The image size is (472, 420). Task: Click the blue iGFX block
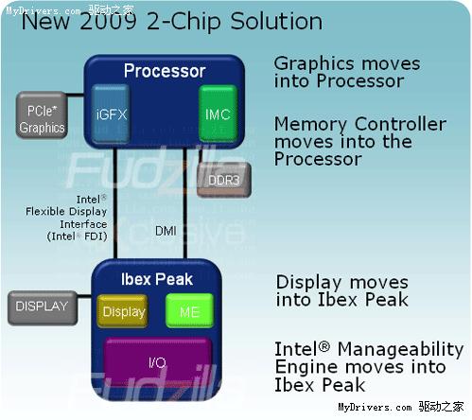(x=111, y=114)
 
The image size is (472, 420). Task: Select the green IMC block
(x=218, y=114)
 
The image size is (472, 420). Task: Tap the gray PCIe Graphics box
(x=42, y=115)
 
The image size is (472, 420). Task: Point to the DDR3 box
(x=224, y=180)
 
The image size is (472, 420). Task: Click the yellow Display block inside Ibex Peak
(x=122, y=311)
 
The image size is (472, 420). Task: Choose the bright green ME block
(x=189, y=311)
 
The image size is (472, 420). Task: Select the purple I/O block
(x=157, y=362)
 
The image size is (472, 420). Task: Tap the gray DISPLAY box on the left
(x=43, y=308)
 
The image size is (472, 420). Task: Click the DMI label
(x=166, y=231)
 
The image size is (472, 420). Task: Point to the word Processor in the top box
(x=165, y=71)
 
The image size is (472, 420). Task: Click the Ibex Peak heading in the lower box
(x=157, y=279)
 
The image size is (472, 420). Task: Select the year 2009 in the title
(x=108, y=22)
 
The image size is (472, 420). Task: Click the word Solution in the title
(x=276, y=22)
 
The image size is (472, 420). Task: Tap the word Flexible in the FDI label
(x=45, y=211)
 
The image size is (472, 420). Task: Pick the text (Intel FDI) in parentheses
(x=77, y=236)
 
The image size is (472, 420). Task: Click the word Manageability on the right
(x=400, y=350)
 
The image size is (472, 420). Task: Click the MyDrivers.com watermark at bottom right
(x=401, y=407)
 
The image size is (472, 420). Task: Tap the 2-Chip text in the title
(x=184, y=22)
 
